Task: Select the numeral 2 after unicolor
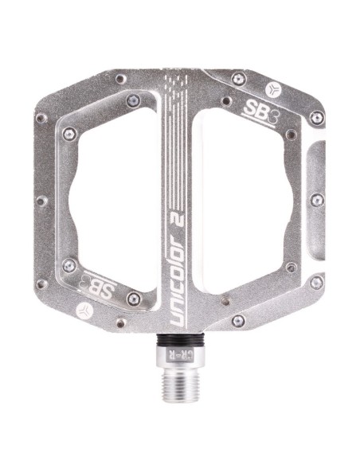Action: click(178, 217)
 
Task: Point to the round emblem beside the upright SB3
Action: click(272, 89)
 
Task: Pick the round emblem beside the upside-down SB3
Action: click(84, 311)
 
